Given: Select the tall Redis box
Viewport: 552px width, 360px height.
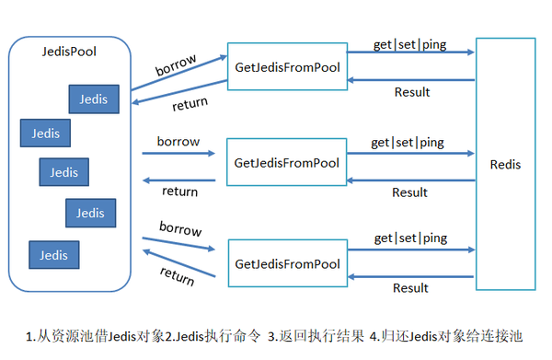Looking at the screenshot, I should (505, 165).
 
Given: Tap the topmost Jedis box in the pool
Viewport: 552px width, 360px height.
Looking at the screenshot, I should (93, 99).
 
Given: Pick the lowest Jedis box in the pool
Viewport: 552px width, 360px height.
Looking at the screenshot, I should (53, 254).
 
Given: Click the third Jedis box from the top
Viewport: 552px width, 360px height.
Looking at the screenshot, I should (64, 172).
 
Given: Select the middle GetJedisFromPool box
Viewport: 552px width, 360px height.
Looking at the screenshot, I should (287, 163).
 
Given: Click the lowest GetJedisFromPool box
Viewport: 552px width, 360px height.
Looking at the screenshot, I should (287, 263).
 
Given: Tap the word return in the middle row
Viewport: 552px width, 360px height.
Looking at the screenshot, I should (179, 192).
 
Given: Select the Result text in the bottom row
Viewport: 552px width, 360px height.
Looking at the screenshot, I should (410, 288).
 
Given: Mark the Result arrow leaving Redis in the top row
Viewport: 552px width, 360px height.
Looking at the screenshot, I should (410, 79).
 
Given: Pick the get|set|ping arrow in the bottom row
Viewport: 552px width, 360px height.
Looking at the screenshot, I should (410, 250).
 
